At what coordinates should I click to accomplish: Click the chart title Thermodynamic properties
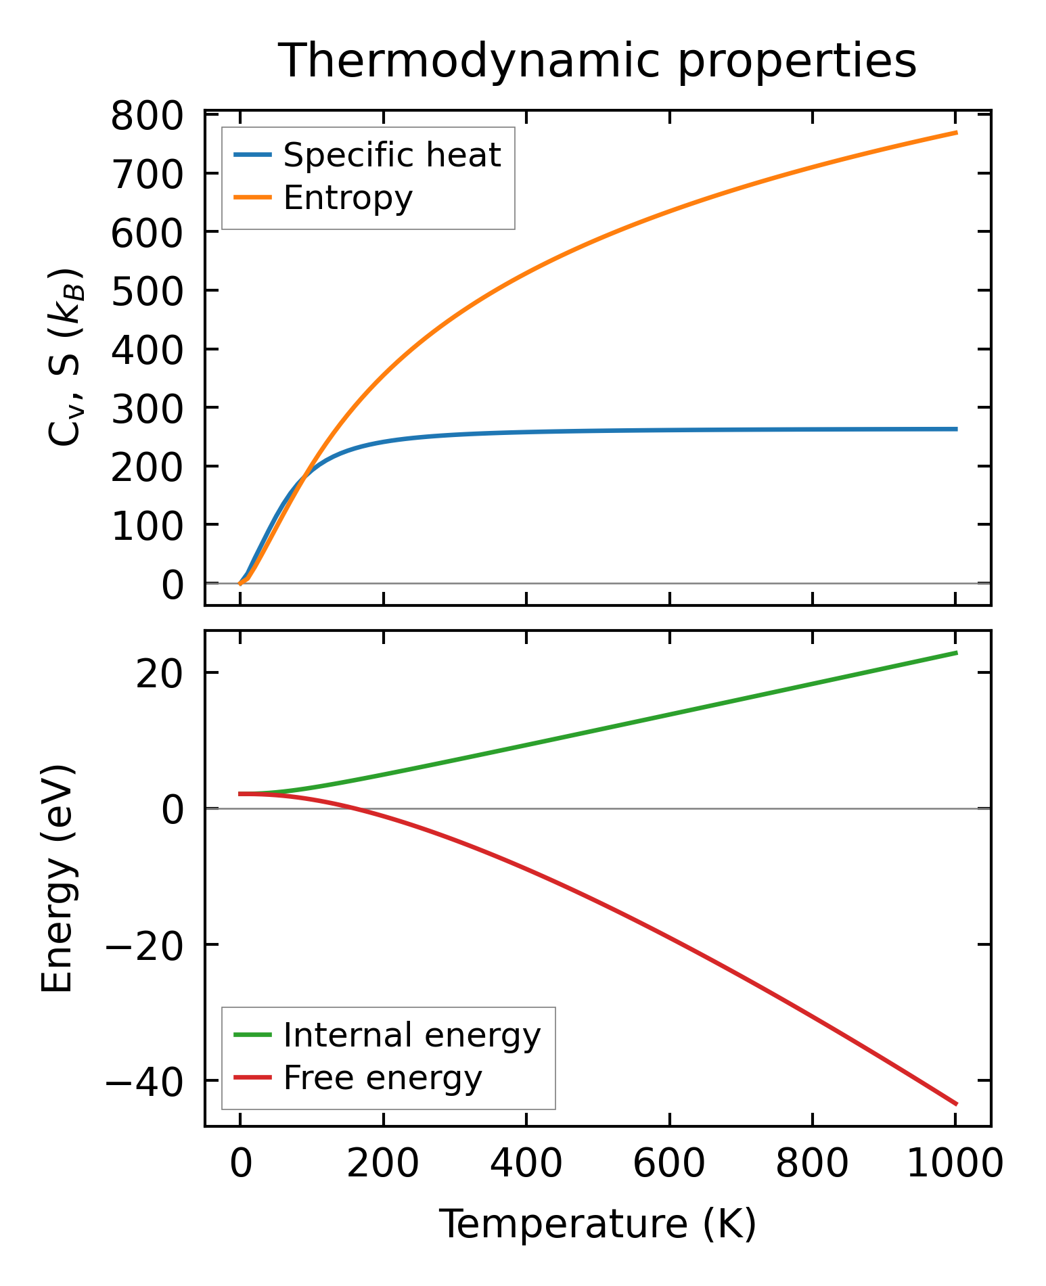(597, 61)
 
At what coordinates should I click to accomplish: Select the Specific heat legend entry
(391, 155)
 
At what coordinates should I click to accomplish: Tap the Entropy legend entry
(347, 198)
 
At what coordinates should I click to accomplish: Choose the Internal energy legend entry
(411, 1035)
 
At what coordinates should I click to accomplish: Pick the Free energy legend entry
(382, 1078)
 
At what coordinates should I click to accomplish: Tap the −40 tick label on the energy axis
(143, 1080)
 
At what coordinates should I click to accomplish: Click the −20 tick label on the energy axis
(143, 944)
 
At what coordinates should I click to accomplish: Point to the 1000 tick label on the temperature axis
(954, 1165)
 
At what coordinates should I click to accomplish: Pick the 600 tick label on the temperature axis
(669, 1165)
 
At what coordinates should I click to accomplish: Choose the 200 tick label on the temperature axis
(383, 1165)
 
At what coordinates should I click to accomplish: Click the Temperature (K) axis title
(597, 1224)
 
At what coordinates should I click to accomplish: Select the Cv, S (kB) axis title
(66, 357)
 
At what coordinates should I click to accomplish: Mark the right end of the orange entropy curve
(957, 133)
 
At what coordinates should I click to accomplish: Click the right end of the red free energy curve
(957, 1105)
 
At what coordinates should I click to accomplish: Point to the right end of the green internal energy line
(957, 653)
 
